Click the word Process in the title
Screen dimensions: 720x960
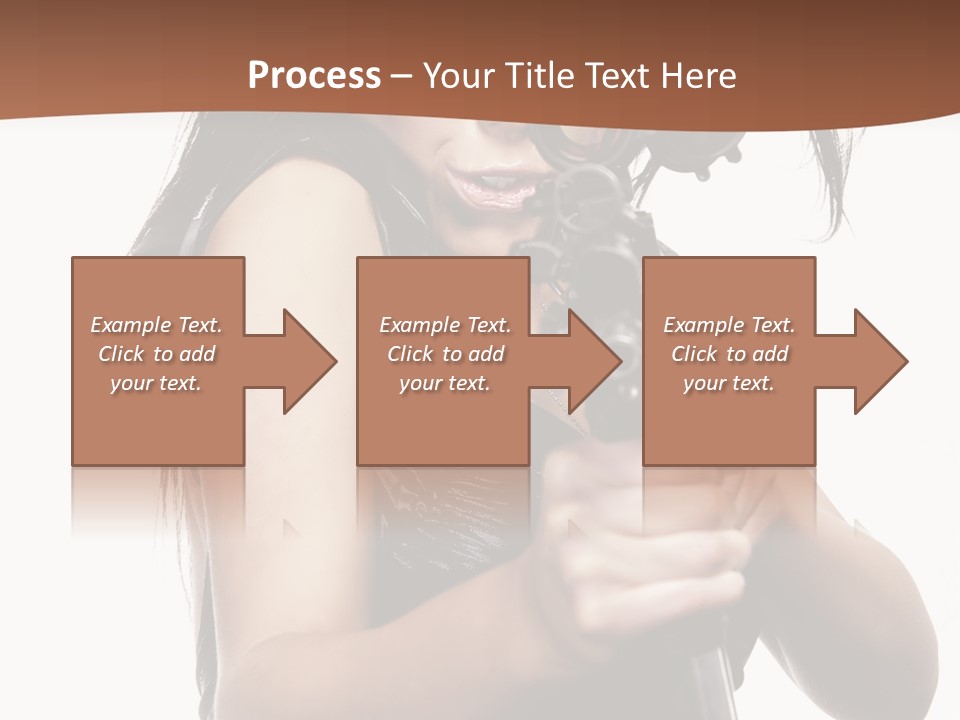pyautogui.click(x=314, y=75)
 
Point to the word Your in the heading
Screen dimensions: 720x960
pyautogui.click(x=461, y=75)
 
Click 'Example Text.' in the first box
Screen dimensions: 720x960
pyautogui.click(x=157, y=325)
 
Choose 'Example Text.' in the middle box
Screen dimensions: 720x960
pyautogui.click(x=445, y=325)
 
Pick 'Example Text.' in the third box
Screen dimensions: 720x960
pyautogui.click(x=729, y=325)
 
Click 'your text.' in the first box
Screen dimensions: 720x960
pyautogui.click(x=156, y=383)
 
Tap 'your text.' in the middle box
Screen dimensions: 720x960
pyautogui.click(x=444, y=383)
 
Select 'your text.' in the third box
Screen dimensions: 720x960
pyautogui.click(x=728, y=383)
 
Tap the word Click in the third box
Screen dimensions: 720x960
pyautogui.click(x=695, y=354)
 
